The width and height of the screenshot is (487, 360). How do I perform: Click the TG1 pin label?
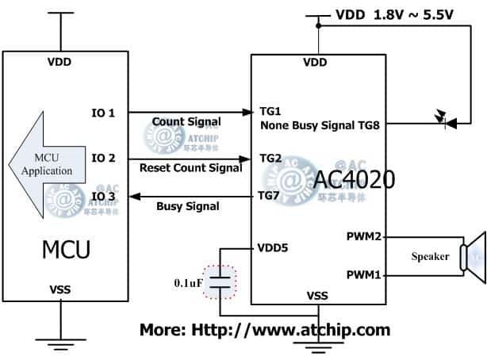pyautogui.click(x=270, y=113)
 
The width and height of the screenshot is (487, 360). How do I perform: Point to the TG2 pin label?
pyautogui.click(x=270, y=158)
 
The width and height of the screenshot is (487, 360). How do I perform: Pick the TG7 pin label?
pyautogui.click(x=270, y=196)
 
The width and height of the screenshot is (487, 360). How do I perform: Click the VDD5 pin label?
pyautogui.click(x=274, y=247)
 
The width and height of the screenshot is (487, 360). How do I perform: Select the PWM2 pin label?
pyautogui.click(x=363, y=236)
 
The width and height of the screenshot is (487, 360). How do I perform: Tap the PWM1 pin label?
pyautogui.click(x=363, y=274)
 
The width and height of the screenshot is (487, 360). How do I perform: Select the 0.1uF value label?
pyautogui.click(x=186, y=282)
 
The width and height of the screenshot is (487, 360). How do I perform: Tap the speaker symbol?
pyautogui.click(x=474, y=255)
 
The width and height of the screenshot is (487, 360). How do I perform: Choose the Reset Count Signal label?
pyautogui.click(x=190, y=167)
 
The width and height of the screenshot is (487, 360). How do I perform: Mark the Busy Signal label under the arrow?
pyautogui.click(x=187, y=206)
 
